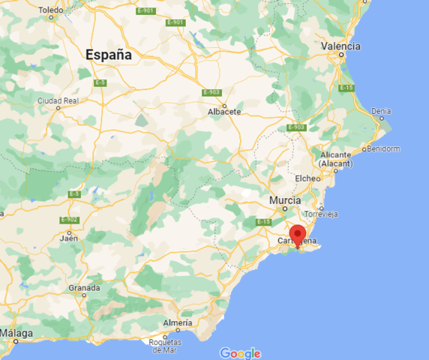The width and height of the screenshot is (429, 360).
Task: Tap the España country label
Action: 109,55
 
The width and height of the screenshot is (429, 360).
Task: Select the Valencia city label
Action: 340,46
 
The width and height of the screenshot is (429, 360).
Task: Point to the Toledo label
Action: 52,10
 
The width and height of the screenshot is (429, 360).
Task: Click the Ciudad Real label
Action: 58,100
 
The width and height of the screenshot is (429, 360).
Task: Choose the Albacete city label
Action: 224,112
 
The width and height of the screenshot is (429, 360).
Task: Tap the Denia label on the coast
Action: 381,111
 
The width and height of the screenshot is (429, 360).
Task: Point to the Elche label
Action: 307,178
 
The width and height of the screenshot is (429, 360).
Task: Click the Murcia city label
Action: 285,201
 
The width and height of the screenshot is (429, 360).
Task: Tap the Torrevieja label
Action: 320,214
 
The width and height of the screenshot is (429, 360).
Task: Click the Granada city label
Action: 84,288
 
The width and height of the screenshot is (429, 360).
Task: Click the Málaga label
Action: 16,332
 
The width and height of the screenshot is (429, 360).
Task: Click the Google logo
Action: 240,353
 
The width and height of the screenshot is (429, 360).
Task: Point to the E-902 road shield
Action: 69,219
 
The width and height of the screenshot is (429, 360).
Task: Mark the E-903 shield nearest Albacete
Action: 211,92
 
